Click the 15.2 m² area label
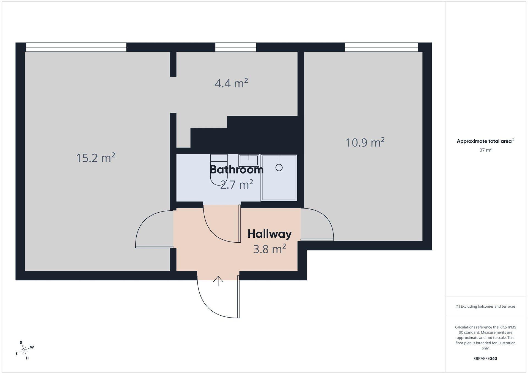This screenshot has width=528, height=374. click(x=95, y=158)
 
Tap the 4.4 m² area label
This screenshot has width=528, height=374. click(x=231, y=83)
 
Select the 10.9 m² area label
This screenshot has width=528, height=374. click(x=365, y=142)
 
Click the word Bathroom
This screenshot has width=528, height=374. click(x=237, y=169)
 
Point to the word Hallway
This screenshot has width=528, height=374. click(x=269, y=234)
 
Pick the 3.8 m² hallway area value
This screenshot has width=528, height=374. click(x=269, y=249)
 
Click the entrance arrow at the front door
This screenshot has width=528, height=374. click(x=218, y=281)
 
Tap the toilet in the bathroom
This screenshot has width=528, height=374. click(x=219, y=169)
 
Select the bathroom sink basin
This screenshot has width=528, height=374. click(x=249, y=160)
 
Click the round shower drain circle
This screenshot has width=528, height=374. click(x=279, y=167)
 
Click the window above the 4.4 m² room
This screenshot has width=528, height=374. click(x=235, y=47)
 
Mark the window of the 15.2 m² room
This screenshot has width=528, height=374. click(x=76, y=47)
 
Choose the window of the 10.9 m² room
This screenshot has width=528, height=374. click(x=381, y=47)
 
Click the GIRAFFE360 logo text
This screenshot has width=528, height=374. click(x=485, y=359)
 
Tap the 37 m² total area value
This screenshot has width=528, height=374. click(x=485, y=150)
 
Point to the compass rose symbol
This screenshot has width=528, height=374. click(x=25, y=350)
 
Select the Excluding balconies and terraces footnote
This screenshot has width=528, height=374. click(x=485, y=306)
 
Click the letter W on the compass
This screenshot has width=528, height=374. click(x=32, y=347)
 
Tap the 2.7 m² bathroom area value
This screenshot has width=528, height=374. click(x=237, y=185)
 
